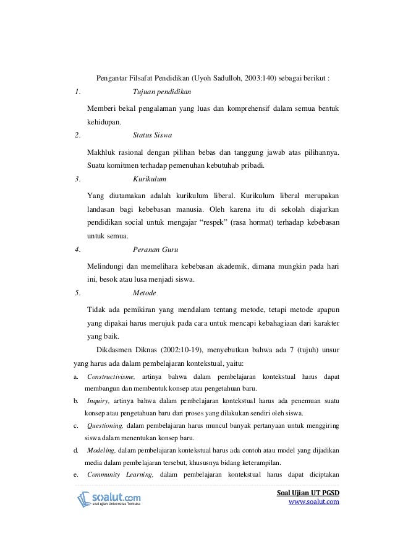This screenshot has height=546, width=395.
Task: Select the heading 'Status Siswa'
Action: click(153, 135)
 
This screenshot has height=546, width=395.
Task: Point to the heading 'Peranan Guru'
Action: click(156, 250)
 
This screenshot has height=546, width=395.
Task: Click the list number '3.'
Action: click(77, 178)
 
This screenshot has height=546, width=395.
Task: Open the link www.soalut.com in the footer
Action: click(315, 502)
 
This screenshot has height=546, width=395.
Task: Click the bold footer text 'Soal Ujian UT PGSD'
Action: click(309, 492)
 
